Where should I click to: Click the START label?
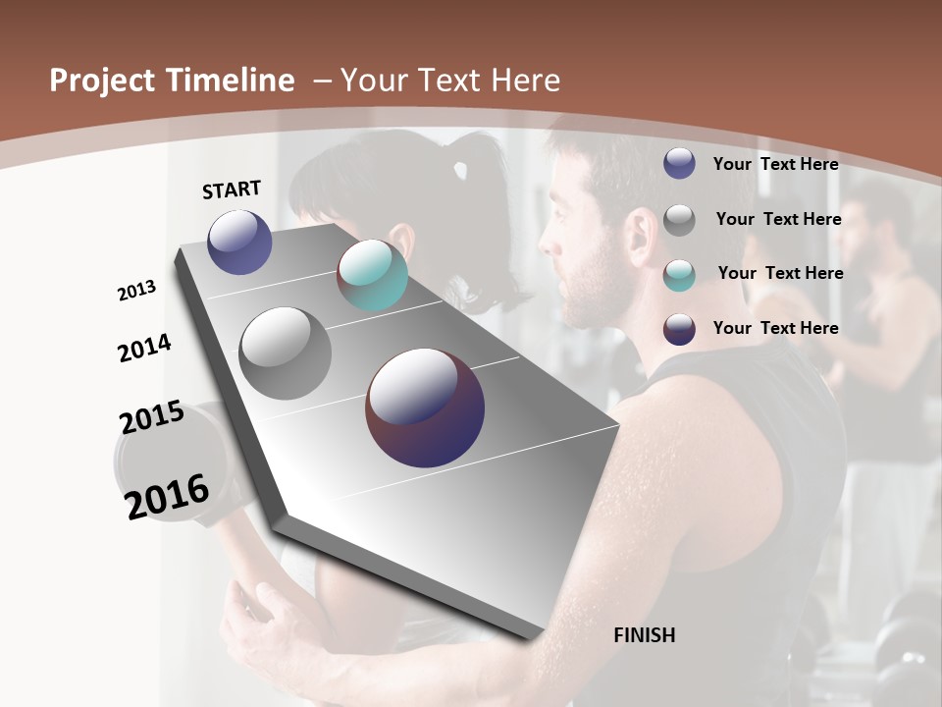(232, 190)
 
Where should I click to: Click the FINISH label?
(645, 635)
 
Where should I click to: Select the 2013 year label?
(136, 291)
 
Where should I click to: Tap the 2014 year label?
(144, 348)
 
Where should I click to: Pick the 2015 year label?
(152, 417)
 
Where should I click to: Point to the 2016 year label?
(167, 496)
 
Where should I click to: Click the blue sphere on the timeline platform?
(239, 242)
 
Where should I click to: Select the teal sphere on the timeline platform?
(372, 275)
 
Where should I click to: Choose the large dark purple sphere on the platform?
(425, 408)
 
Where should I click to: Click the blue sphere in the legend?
(679, 164)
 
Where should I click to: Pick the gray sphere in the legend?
(679, 220)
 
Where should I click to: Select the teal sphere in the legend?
(679, 274)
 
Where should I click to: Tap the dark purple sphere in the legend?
(679, 329)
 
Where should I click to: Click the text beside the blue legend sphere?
(775, 164)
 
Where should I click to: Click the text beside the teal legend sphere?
(780, 273)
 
